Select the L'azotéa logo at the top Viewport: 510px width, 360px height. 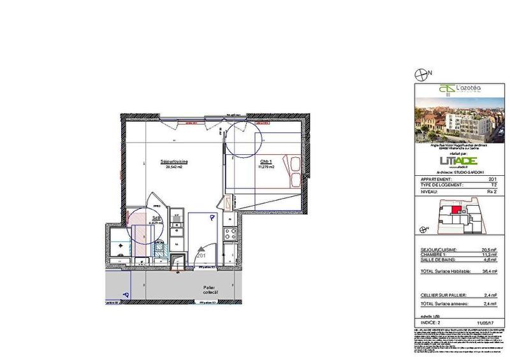tap(455, 89)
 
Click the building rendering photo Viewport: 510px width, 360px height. tap(455, 122)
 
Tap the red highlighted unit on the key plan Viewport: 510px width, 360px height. tap(455, 209)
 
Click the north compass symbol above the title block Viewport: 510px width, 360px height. tap(421, 74)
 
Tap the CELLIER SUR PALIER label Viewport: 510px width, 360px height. tap(440, 295)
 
